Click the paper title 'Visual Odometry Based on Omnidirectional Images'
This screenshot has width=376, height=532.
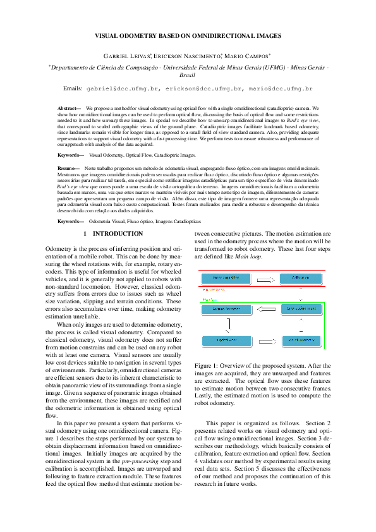[188, 37]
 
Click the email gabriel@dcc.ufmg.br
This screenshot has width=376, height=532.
[123, 90]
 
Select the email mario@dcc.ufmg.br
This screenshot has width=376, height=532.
[275, 90]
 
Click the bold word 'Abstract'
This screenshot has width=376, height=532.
[68, 109]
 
